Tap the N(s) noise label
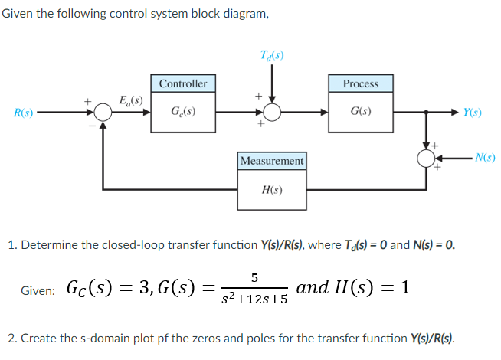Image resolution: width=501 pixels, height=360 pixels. click(483, 159)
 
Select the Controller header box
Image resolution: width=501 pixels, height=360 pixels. click(182, 83)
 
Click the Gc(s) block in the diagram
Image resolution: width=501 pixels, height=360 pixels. click(182, 112)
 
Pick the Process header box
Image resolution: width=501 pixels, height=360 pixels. click(360, 83)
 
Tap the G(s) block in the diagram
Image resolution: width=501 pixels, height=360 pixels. click(360, 112)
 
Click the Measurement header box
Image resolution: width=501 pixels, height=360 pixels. click(272, 161)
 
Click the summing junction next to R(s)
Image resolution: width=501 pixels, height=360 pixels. click(103, 113)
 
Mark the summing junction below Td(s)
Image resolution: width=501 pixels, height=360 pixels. click(272, 113)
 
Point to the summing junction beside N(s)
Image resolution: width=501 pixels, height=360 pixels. click(425, 159)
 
